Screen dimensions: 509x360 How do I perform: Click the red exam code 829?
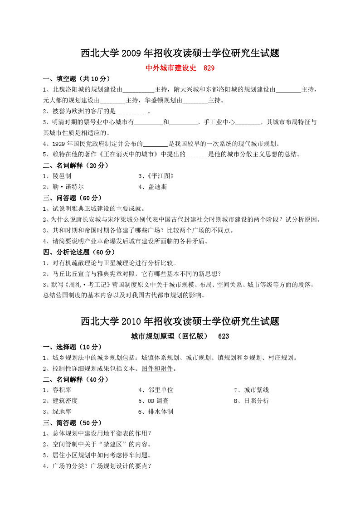click(x=209, y=68)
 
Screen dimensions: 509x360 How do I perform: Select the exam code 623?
click(x=224, y=336)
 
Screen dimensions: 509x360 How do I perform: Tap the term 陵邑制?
click(x=62, y=176)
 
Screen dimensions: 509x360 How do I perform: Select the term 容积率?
click(x=62, y=390)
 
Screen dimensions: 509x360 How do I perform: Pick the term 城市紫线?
click(x=256, y=390)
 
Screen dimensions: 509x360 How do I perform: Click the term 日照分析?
click(x=256, y=401)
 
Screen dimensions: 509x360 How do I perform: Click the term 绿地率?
click(x=62, y=412)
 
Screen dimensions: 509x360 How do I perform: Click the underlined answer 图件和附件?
click(x=157, y=368)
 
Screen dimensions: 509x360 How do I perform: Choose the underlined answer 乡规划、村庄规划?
click(x=268, y=358)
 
